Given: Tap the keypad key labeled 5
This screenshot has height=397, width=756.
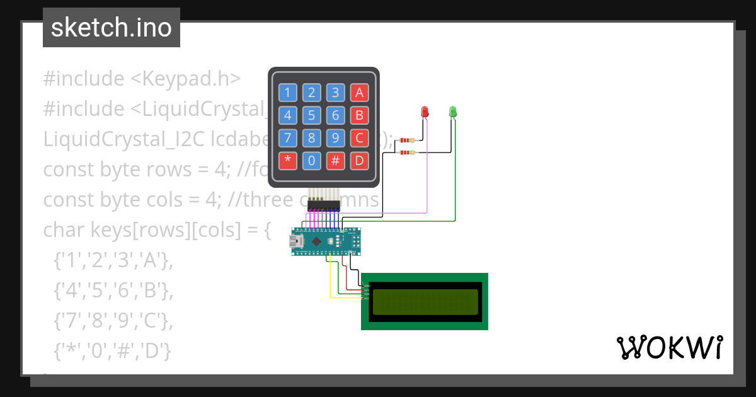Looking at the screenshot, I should [x=311, y=115].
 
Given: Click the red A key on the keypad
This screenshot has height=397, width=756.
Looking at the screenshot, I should [x=359, y=93].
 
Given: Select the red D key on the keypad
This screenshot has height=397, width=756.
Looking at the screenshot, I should [x=359, y=160].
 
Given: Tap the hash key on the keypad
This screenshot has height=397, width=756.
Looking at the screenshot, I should [x=335, y=160].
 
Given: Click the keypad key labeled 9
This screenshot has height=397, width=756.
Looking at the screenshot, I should [x=335, y=137].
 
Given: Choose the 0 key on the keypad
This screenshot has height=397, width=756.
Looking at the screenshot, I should [x=311, y=160].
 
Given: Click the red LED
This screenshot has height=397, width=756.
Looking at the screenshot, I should [x=425, y=112].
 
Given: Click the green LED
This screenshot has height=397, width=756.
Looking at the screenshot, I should [x=452, y=112].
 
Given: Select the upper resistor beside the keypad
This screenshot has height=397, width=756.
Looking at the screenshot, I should [x=410, y=140].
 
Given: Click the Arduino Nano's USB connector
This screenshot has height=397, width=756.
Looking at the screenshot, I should [x=295, y=241].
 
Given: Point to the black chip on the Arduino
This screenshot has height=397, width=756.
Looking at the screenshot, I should [x=318, y=241].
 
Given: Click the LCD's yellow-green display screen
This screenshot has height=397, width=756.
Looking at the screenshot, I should [x=425, y=302].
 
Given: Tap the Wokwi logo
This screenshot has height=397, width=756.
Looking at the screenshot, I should [x=669, y=348].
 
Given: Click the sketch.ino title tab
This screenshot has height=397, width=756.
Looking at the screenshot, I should [x=112, y=28].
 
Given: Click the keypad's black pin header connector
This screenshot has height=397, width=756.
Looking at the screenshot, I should [x=324, y=207].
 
